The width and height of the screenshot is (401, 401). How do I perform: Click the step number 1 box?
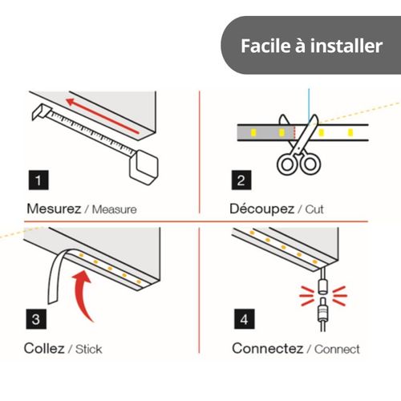tap(38, 180)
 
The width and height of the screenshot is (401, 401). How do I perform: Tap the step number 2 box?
tap(241, 180)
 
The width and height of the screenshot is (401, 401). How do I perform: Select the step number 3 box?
tap(36, 319)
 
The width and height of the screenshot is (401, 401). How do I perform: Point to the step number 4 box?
tap(245, 319)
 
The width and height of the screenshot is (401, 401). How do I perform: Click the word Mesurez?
tap(54, 209)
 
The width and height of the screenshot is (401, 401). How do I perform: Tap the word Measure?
tap(114, 209)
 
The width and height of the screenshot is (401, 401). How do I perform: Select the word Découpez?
tap(261, 209)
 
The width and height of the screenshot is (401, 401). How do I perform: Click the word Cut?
tap(314, 209)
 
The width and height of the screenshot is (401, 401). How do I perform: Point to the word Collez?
tap(44, 348)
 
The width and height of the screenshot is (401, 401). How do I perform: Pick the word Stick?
tap(88, 349)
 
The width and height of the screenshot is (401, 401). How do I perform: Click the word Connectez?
tap(268, 348)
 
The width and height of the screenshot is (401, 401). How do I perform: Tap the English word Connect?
tap(337, 349)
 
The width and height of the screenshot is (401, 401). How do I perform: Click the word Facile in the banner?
tap(265, 46)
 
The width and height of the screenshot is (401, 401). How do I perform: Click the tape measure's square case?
tap(144, 168)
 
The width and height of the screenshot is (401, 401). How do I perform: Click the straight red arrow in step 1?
tap(103, 116)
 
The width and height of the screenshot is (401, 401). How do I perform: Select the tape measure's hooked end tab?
tap(42, 111)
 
